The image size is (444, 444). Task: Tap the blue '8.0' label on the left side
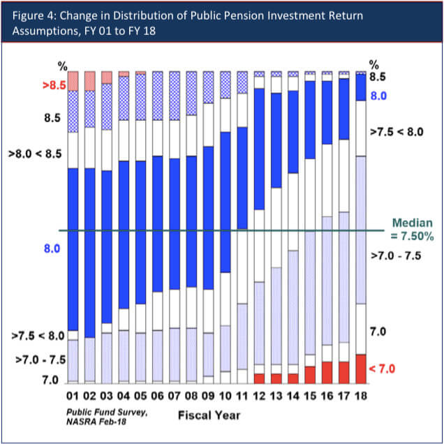click(52, 248)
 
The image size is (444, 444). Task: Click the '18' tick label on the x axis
click(360, 397)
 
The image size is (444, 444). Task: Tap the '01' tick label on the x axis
click(72, 397)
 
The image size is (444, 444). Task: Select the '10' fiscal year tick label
click(225, 397)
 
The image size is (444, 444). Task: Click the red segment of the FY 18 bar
click(360, 369)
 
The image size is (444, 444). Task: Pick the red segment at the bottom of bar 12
click(259, 378)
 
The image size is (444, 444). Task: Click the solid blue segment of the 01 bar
click(72, 249)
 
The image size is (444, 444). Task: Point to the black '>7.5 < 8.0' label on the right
click(397, 131)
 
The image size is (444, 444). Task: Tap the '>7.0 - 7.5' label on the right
click(396, 256)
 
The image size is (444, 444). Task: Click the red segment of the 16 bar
click(327, 373)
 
